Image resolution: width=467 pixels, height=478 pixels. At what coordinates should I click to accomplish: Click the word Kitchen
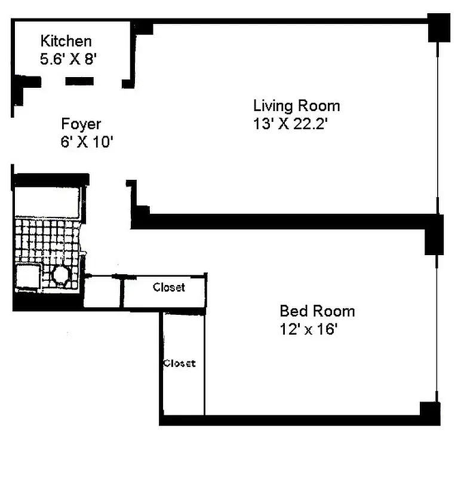66,41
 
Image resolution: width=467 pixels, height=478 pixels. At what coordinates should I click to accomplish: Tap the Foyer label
81,124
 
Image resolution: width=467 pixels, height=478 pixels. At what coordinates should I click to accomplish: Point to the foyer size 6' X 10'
82,143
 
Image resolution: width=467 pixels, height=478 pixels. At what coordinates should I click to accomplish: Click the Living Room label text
296,106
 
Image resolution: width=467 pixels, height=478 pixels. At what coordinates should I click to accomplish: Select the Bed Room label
317,311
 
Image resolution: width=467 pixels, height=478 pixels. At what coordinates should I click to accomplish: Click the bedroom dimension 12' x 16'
309,329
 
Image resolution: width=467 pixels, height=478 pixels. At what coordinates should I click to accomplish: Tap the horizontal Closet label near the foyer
169,287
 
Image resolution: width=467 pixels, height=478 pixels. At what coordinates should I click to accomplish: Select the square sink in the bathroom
27,276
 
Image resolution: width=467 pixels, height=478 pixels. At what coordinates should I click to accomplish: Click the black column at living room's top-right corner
439,27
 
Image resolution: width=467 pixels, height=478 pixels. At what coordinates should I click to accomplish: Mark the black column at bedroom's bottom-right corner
430,413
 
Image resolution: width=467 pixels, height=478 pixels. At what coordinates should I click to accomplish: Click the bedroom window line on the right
438,329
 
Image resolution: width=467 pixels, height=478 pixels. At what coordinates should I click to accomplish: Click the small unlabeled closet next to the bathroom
102,292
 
